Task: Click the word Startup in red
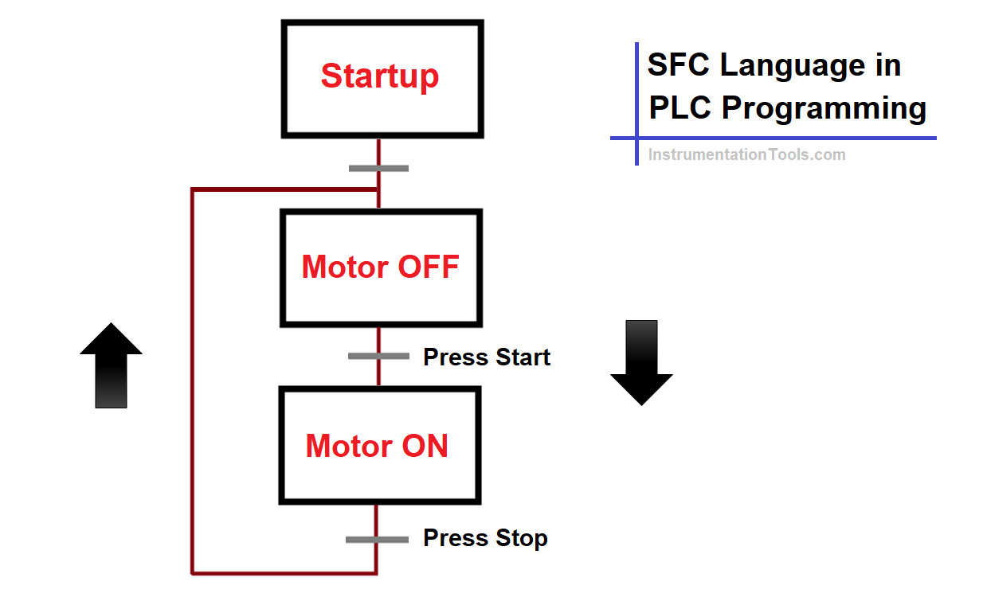click(x=380, y=76)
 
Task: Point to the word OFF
click(x=429, y=267)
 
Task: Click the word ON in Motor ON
click(x=425, y=446)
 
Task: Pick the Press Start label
click(x=487, y=357)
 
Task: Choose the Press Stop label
click(x=485, y=538)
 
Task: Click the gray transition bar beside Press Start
click(x=378, y=356)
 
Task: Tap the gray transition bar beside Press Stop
click(x=377, y=540)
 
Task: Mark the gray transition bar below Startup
click(x=378, y=168)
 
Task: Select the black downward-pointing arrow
click(x=641, y=362)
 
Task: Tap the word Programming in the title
click(x=824, y=108)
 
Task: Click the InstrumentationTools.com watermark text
click(x=746, y=154)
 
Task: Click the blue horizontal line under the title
click(x=773, y=138)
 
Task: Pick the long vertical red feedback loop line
click(x=192, y=382)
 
